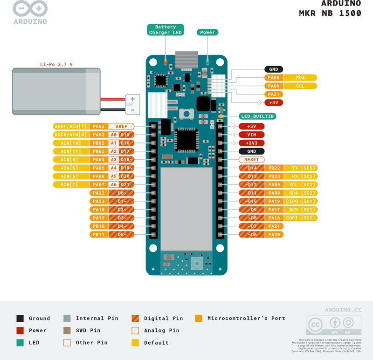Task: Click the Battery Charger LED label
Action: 166,30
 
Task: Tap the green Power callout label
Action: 207,32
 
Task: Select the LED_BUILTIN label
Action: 257,116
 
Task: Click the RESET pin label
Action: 252,160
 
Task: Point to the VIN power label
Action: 252,135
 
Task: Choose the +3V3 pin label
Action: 252,143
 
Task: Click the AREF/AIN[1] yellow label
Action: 70,126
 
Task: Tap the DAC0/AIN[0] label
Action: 70,135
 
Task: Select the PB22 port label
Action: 274,168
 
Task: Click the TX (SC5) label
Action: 301,168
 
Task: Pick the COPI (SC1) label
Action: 301,218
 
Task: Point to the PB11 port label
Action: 98,235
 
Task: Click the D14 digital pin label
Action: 252,168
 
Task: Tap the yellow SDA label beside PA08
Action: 300,78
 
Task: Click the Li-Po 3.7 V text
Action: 56,64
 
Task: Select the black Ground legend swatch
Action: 20,319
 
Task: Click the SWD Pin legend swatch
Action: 67,331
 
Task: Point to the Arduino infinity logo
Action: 30,9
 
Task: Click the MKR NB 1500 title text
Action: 330,13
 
